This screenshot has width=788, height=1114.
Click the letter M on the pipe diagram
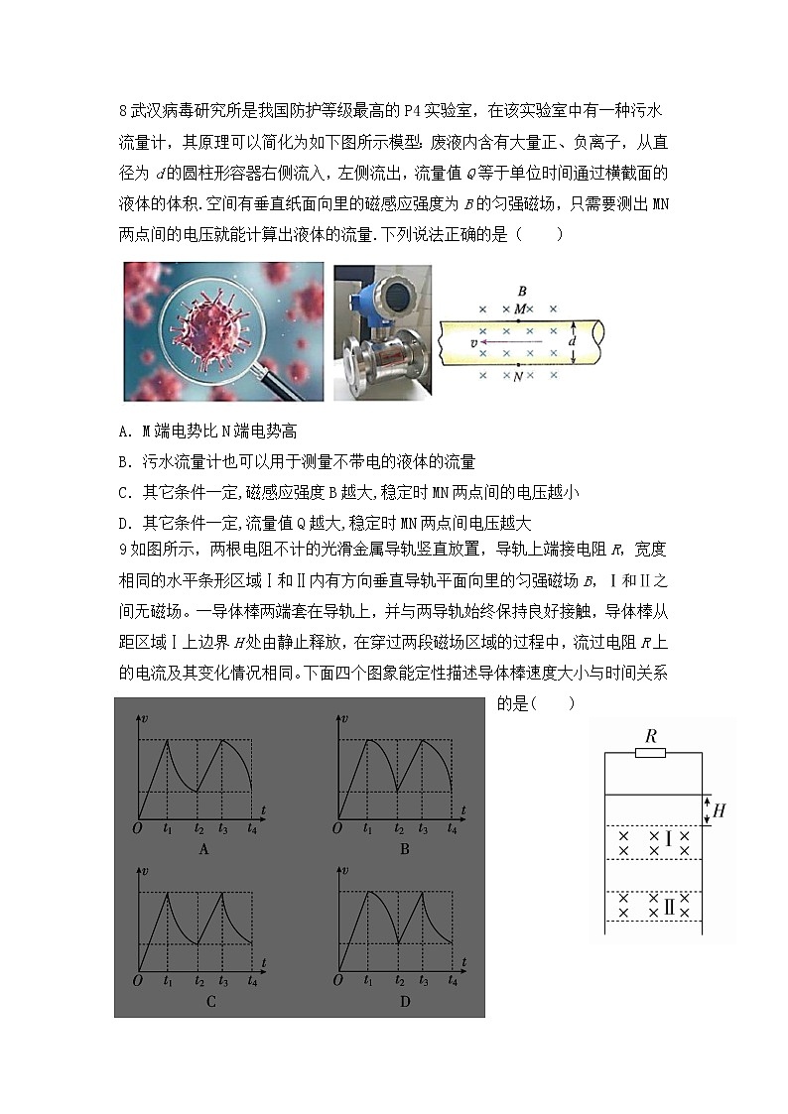520,309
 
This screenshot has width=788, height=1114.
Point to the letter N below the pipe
519,378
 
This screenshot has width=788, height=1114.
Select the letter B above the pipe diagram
521,291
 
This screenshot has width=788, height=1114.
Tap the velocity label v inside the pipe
474,343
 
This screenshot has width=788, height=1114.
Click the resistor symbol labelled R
651,753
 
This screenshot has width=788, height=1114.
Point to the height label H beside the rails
720,810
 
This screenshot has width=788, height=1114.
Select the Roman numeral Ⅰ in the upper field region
668,841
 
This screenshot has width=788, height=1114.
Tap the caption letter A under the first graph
203,848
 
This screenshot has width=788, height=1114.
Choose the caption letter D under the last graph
405,1001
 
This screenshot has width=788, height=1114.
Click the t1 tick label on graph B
368,827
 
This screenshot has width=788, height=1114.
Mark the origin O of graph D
337,980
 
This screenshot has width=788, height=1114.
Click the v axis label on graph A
146,717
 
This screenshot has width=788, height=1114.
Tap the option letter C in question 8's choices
122,492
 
